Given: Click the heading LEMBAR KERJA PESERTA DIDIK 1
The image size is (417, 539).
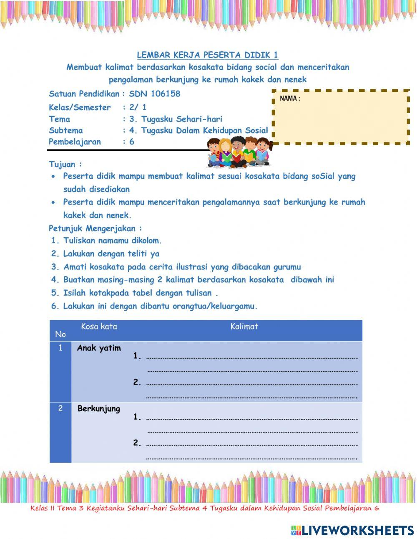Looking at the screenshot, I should point(208,55).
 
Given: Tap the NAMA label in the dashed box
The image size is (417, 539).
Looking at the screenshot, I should point(290,99).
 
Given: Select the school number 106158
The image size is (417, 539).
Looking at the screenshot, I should point(166,94).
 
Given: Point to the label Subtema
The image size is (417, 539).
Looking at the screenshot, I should point(66,130).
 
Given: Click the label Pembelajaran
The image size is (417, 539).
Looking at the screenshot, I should point(75,142).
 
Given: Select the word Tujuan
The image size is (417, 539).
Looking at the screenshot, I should point(63,164).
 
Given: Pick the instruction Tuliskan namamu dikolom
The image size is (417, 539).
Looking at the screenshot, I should point(112,240).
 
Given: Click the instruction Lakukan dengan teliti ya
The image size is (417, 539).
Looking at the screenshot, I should point(111,253).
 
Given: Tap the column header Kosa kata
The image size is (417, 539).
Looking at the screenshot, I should point(99,326).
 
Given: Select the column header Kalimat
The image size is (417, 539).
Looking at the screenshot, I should point(244,326).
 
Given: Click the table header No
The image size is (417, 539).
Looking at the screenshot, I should point(60,334).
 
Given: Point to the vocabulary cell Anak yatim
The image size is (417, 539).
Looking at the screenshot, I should point(99,348).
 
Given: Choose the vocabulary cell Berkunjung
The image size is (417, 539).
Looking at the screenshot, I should point(99,409).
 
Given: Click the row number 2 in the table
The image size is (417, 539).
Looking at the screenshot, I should point(60,409).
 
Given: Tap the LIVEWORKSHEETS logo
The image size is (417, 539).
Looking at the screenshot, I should point(352,530).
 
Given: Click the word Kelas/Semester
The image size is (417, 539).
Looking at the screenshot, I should point(80,108).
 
